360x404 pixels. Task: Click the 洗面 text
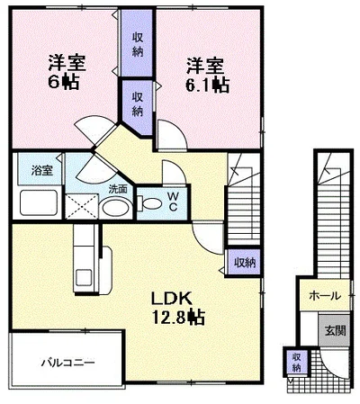point(119,189)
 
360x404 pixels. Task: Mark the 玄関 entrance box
point(334,330)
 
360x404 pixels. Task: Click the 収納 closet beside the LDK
point(245,263)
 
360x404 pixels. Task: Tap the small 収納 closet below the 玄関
point(295,362)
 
